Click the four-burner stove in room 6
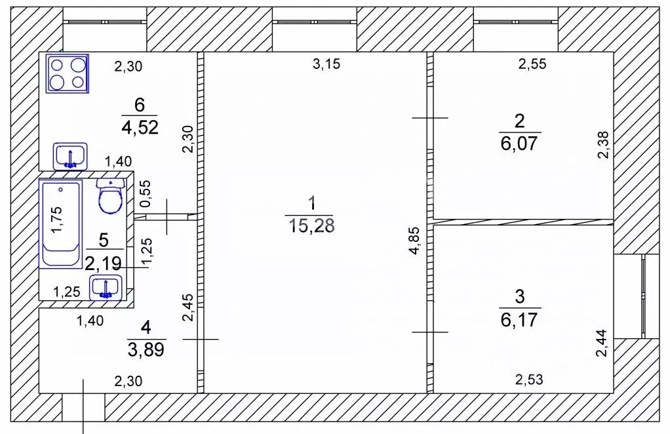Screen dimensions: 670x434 (68, 73)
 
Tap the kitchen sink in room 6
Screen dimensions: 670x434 (70, 156)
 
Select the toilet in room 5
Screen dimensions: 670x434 (111, 196)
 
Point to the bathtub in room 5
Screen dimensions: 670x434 (61, 224)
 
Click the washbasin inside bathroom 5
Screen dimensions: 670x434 (106, 287)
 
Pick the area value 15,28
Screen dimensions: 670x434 (311, 226)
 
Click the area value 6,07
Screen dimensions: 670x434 (519, 143)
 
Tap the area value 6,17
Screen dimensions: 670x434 (519, 319)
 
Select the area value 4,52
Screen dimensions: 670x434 (140, 127)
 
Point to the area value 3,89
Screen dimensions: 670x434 (146, 350)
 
